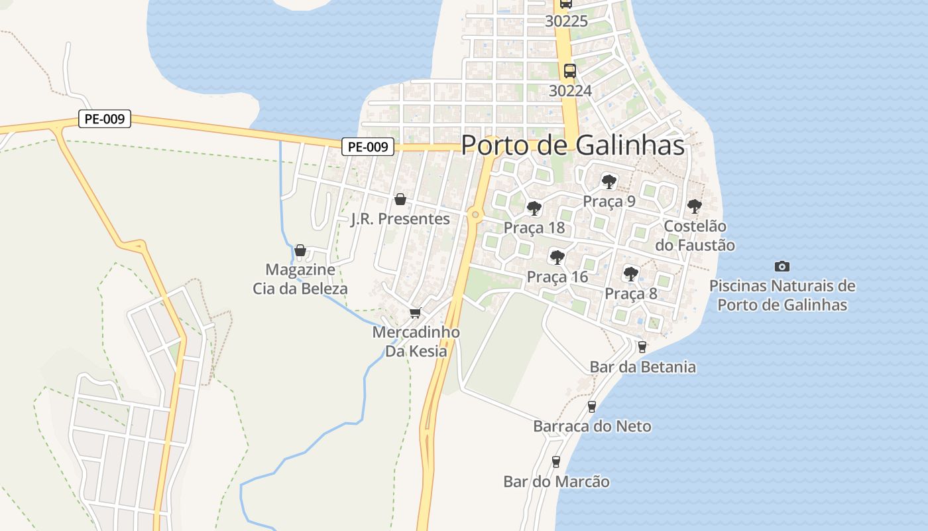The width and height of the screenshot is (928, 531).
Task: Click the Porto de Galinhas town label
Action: (573, 145)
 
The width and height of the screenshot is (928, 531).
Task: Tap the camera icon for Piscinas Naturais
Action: (782, 266)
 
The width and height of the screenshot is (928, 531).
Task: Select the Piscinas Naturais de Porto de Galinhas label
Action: (782, 295)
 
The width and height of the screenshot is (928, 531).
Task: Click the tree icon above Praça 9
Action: (609, 181)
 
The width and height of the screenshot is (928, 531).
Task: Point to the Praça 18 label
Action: (534, 228)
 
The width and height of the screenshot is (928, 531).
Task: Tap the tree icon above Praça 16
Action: (557, 257)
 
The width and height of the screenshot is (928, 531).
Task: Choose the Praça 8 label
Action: (631, 293)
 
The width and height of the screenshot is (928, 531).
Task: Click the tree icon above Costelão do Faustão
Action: (694, 206)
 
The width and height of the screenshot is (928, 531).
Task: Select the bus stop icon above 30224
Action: (569, 70)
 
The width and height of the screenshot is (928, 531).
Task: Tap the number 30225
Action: (567, 21)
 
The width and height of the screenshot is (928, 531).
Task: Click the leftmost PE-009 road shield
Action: (104, 119)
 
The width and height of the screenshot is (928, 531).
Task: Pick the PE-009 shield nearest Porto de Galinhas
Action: (368, 147)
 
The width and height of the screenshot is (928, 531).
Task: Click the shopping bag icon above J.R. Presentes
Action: (400, 199)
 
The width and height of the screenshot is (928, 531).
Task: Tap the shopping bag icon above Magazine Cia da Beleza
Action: (300, 250)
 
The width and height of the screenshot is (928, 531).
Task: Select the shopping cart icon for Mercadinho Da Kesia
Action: (416, 313)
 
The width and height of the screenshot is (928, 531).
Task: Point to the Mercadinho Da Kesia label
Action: (416, 341)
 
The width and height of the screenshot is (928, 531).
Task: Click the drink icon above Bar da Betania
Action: (642, 346)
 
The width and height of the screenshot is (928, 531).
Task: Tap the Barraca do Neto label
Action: (592, 426)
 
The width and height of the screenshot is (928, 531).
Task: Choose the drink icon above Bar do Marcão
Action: (556, 462)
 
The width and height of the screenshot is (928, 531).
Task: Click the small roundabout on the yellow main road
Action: (475, 214)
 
